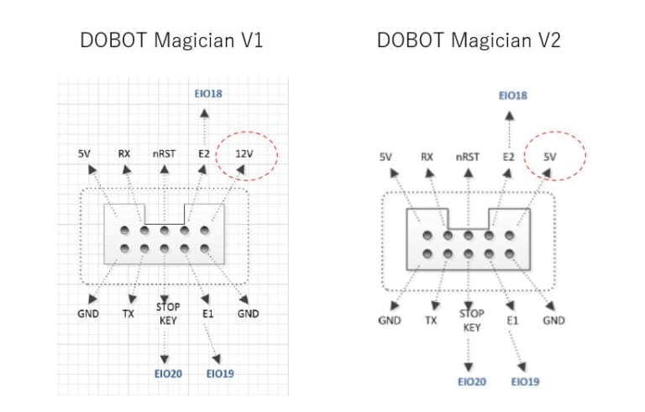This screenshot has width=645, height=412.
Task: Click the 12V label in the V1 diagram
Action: [x=243, y=154]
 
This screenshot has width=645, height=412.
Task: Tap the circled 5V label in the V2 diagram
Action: [x=550, y=157]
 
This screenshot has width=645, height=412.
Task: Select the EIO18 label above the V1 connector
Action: [x=207, y=93]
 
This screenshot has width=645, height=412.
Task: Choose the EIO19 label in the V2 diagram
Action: [x=525, y=382]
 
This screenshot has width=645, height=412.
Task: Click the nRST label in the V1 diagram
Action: [x=165, y=154]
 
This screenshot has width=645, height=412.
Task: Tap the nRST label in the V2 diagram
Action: [x=468, y=157]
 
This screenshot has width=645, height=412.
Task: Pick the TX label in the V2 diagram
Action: [x=431, y=321]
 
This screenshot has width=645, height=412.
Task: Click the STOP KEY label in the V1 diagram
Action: [x=168, y=314]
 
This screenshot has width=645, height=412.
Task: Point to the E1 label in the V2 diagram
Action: [x=513, y=321]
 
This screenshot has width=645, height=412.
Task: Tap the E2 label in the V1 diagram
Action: [x=203, y=154]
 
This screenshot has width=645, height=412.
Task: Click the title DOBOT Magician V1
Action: [x=171, y=40]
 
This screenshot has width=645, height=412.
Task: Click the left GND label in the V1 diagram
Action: [x=88, y=314]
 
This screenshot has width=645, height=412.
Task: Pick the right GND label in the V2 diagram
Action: [x=553, y=321]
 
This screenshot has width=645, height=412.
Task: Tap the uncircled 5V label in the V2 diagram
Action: [x=386, y=157]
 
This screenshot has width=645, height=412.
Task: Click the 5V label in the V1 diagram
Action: [x=85, y=154]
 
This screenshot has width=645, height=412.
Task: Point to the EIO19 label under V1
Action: [x=219, y=373]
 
